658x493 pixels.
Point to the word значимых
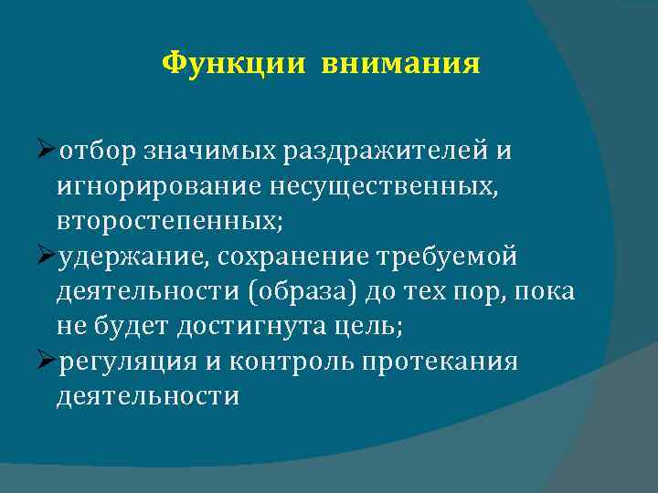pyautogui.click(x=198, y=152)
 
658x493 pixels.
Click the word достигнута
pyautogui.click(x=293, y=327)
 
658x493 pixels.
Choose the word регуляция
pyautogui.click(x=127, y=362)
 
